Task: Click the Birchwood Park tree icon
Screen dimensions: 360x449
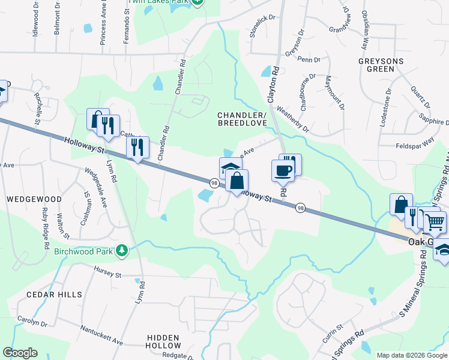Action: click(122, 249)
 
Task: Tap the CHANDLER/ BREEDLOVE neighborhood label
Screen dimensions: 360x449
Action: click(241, 119)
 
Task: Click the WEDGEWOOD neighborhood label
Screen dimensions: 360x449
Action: click(34, 199)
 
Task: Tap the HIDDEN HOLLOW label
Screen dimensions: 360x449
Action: click(163, 342)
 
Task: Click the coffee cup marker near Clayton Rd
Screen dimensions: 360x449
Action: click(283, 170)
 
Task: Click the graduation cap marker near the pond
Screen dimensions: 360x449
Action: click(229, 167)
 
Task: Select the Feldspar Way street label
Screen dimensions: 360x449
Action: click(415, 145)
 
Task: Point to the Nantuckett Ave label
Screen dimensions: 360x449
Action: click(101, 335)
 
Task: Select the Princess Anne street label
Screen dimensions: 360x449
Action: click(104, 26)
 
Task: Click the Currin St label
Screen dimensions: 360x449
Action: click(332, 334)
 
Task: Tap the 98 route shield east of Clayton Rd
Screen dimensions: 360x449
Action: click(301, 208)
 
